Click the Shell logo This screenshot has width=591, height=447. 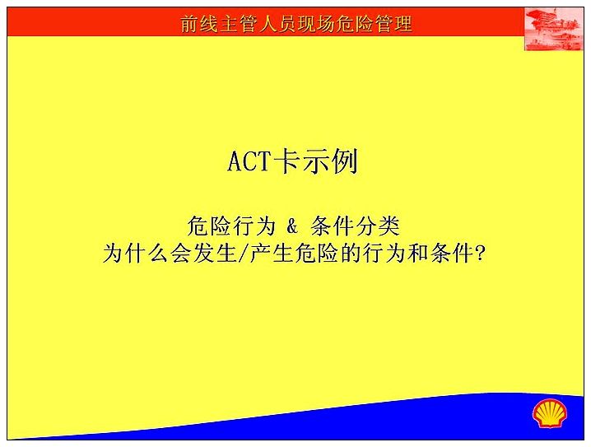tap(550, 413)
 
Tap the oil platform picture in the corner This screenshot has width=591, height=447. tap(554, 29)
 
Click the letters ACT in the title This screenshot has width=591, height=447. tap(249, 161)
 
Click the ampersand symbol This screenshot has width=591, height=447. tap(291, 226)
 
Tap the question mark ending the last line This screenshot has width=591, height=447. tap(479, 253)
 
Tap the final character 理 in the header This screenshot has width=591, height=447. tap(403, 24)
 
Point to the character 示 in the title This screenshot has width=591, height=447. tap(314, 161)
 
